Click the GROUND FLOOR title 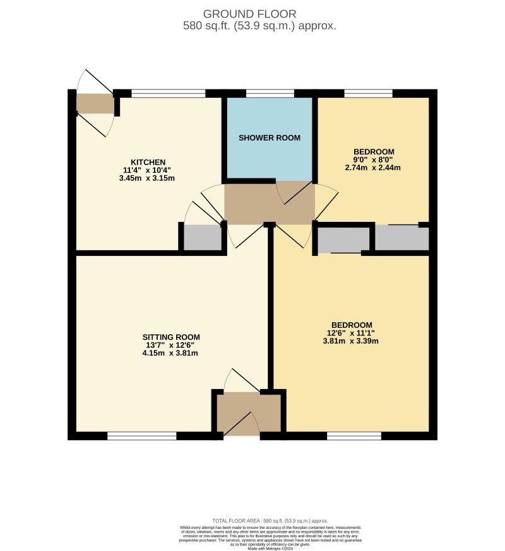(x=249, y=14)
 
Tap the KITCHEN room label (x=148, y=162)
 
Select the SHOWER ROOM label (x=269, y=137)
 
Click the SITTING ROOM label (x=170, y=337)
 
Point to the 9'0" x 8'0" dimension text (x=374, y=160)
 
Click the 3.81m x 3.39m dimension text (x=350, y=341)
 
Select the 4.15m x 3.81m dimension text (x=170, y=353)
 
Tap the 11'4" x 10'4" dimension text (x=147, y=170)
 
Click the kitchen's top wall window (x=168, y=94)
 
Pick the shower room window (x=270, y=94)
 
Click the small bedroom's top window (x=368, y=94)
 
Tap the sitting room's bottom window (x=141, y=436)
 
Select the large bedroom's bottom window (x=354, y=436)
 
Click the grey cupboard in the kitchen (x=202, y=238)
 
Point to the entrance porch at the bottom (x=249, y=413)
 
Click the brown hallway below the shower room (x=270, y=203)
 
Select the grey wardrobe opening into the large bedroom (x=343, y=240)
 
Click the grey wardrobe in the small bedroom (x=402, y=238)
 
